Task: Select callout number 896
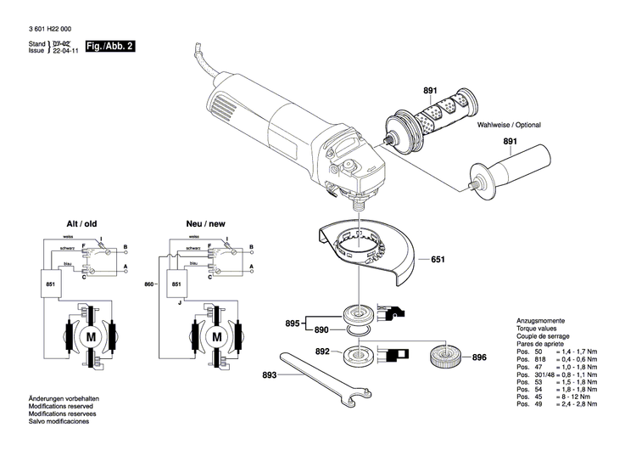coord(479,357)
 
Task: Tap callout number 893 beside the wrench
coord(270,374)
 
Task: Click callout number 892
coord(322,351)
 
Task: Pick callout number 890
coord(321,329)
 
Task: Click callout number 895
coord(293,323)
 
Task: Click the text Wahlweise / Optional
coord(509,125)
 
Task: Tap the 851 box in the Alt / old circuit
coord(50,283)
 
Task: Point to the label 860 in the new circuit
coord(150,283)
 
